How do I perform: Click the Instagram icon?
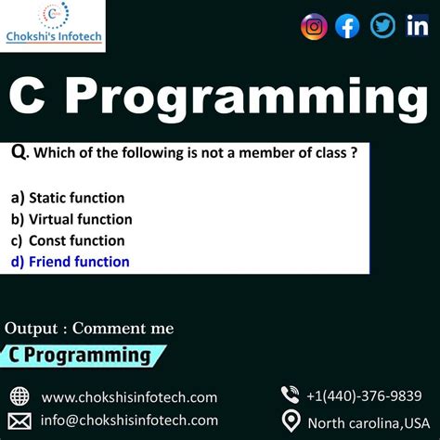coord(315,26)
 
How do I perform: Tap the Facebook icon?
coord(347,26)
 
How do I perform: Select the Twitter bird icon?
coord(382,26)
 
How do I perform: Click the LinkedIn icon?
coord(417,26)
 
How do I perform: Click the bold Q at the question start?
coord(19,150)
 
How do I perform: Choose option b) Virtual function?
coord(71,219)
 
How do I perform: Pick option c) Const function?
coord(68,240)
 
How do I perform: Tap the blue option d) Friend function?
coord(70,262)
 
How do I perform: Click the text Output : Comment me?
coord(89,328)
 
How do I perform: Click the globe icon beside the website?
coord(19,396)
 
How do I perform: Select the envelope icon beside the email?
coord(19,421)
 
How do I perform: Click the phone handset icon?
coord(291,395)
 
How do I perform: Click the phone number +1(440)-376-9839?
coord(364,395)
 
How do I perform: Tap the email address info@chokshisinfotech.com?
coord(129,421)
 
